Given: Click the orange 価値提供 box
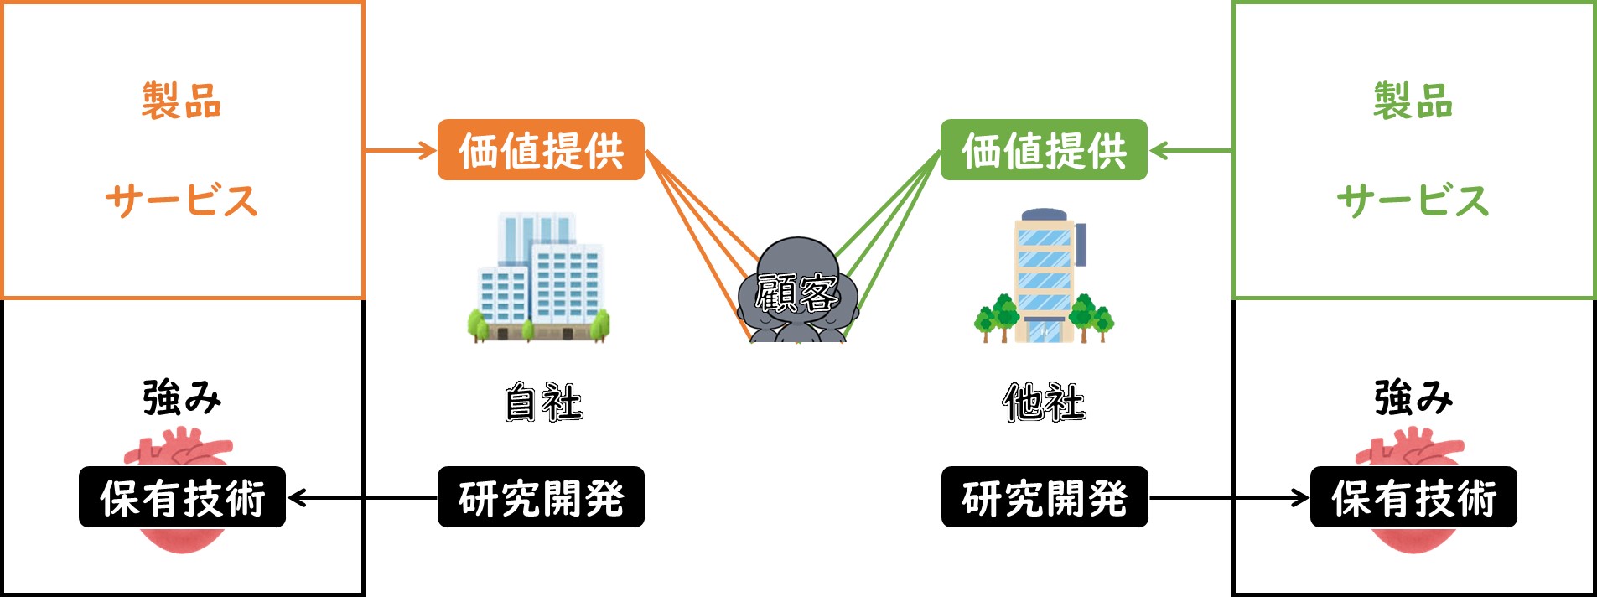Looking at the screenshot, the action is click(x=541, y=150).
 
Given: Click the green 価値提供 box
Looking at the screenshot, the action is click(x=1044, y=150).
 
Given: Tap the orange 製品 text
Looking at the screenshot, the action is click(x=181, y=101).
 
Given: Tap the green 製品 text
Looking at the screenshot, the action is click(x=1413, y=101).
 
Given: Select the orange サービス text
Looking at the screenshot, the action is click(x=181, y=200).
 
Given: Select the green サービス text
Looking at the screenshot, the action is click(x=1413, y=200).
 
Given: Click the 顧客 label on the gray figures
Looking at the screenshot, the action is click(x=796, y=293).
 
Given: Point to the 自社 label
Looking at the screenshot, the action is click(x=543, y=402).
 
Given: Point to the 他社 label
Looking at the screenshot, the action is click(x=1044, y=402).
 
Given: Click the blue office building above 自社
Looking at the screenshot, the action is click(x=539, y=278).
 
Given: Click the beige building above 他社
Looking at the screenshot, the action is click(x=1044, y=276).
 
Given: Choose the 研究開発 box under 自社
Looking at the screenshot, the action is click(x=541, y=497).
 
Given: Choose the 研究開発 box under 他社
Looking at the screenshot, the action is click(x=1045, y=497).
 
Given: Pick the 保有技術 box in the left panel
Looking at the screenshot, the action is click(x=182, y=497).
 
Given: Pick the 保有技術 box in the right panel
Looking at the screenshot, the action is click(x=1413, y=497).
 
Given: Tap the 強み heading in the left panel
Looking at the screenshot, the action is click(x=181, y=397).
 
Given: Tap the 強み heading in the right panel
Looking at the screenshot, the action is click(x=1413, y=397).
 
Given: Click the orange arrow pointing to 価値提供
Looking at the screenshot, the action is click(x=401, y=151).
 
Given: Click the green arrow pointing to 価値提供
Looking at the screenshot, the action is click(x=1190, y=151).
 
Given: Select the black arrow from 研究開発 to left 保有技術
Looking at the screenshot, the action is click(x=362, y=498).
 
